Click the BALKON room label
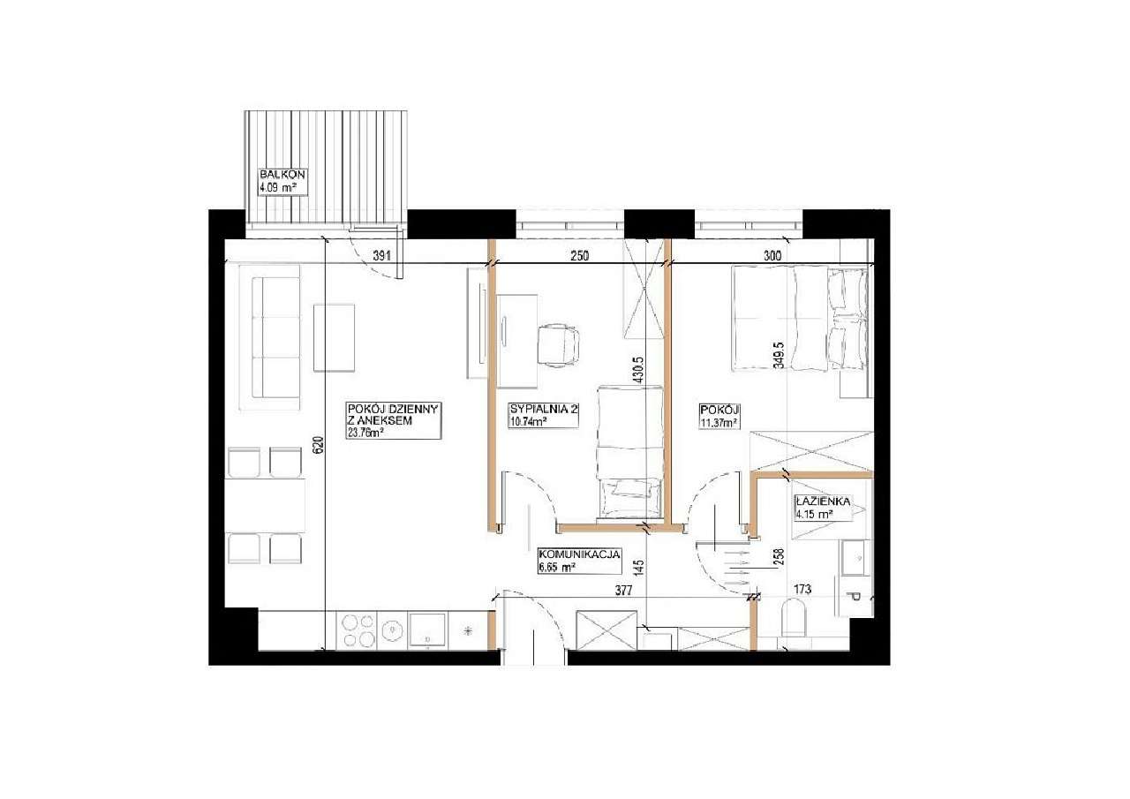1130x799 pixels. pyautogui.click(x=282, y=175)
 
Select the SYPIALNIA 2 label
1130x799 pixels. pyautogui.click(x=543, y=409)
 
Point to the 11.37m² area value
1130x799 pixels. pyautogui.click(x=719, y=423)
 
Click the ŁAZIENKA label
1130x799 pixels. pyautogui.click(x=823, y=501)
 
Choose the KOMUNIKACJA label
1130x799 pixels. pyautogui.click(x=579, y=554)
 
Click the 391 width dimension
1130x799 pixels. pyautogui.click(x=382, y=256)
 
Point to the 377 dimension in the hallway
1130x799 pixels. pyautogui.click(x=623, y=591)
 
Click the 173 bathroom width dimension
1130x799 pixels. pyautogui.click(x=802, y=589)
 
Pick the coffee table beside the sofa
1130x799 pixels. pyautogui.click(x=334, y=337)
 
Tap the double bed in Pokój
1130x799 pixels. pyautogui.click(x=801, y=320)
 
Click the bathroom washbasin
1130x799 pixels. pyautogui.click(x=855, y=556)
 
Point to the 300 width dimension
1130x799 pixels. pyautogui.click(x=772, y=256)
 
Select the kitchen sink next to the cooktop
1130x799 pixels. pyautogui.click(x=426, y=630)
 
